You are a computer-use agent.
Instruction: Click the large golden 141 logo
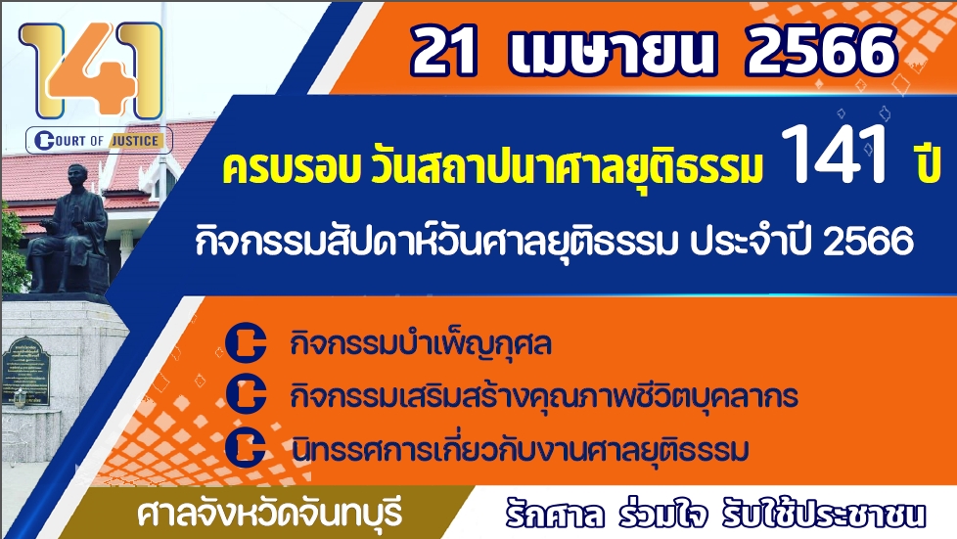click(92, 70)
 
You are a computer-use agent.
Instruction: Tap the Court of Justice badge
click(99, 141)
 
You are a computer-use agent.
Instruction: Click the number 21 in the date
click(443, 51)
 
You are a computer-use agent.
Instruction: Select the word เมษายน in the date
click(611, 51)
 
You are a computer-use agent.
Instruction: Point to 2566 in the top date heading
click(822, 51)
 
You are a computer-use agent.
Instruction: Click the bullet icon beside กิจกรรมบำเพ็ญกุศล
click(246, 341)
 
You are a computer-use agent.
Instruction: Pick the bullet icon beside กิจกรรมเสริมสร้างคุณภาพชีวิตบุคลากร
click(246, 394)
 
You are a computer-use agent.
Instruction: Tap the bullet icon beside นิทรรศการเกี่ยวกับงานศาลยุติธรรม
click(246, 447)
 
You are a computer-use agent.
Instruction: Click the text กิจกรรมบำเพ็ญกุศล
click(421, 343)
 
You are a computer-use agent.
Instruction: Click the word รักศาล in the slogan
click(555, 515)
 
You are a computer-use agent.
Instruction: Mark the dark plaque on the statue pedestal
click(25, 371)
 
